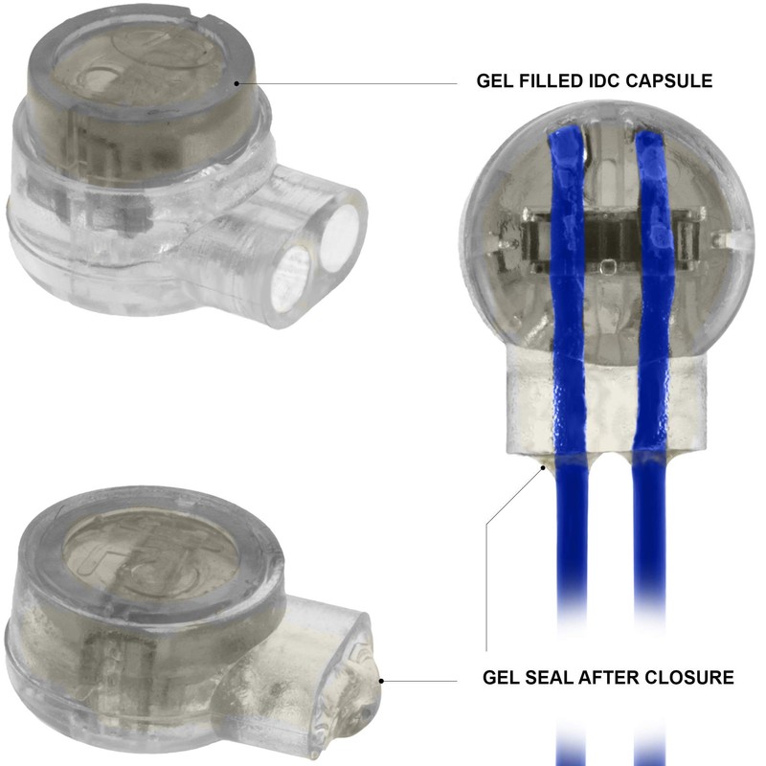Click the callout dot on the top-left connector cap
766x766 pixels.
click(x=237, y=83)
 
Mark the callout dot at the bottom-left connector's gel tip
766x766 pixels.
click(x=381, y=681)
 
